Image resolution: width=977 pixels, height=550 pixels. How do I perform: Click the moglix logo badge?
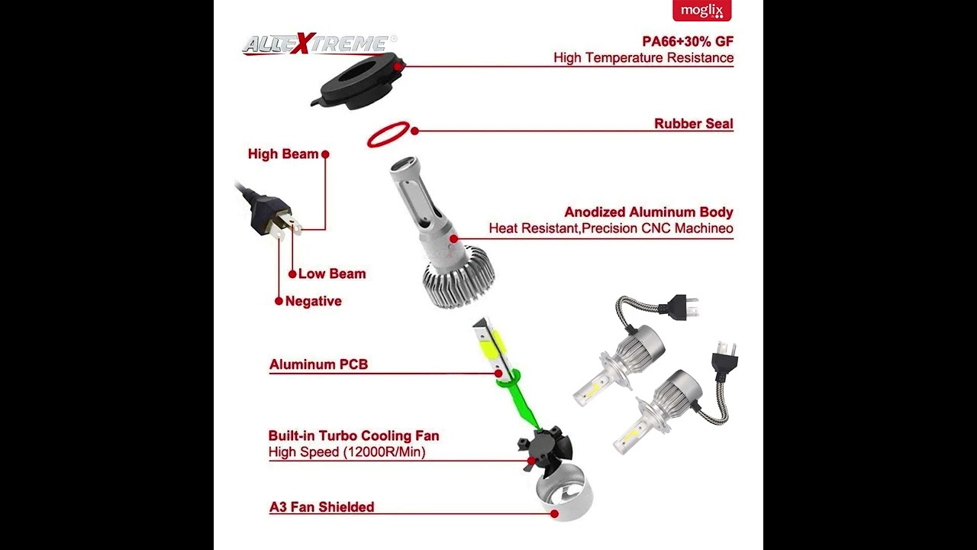pos(701,11)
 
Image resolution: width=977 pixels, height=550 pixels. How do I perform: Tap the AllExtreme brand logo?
pos(319,45)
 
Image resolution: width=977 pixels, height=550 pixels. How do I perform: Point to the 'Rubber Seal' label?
pos(693,124)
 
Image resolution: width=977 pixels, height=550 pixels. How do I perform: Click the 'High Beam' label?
pos(282,154)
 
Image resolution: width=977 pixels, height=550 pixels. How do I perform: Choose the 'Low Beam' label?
pos(332,274)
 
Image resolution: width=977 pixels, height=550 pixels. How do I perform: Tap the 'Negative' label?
pos(313,302)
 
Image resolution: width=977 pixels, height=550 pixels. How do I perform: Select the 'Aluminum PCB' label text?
pos(318,365)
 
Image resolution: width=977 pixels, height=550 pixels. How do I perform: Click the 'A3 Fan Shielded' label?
pos(321,507)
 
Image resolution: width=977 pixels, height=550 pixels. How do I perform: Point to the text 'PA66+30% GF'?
pos(688,41)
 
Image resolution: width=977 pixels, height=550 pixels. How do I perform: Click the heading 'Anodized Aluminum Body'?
pos(648,212)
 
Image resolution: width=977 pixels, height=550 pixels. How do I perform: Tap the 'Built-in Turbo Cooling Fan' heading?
pos(353,436)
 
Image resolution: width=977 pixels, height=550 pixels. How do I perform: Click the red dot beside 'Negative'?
pos(279,301)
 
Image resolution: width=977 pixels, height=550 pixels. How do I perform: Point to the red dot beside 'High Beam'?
pos(325,154)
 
